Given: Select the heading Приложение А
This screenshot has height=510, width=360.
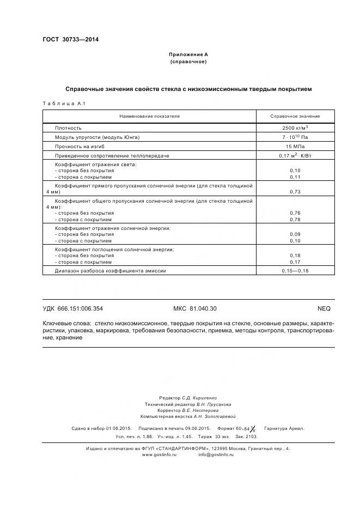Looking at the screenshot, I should click(x=188, y=54).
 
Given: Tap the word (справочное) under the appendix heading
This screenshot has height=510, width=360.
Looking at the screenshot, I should click(x=188, y=62).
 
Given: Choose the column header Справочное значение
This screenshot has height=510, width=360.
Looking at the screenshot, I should click(x=295, y=116).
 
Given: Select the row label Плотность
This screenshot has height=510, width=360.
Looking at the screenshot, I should click(x=68, y=127).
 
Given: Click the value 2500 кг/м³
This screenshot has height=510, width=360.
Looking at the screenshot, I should click(x=295, y=127).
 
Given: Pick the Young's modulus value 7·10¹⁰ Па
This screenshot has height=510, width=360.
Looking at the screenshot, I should click(x=295, y=137).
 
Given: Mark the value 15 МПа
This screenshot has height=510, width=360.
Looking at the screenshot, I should click(x=295, y=147).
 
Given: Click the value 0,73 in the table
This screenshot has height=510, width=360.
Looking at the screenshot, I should click(x=295, y=192).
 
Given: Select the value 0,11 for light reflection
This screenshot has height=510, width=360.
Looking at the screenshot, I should click(x=295, y=177).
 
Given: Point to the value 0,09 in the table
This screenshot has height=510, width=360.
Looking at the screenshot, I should click(x=295, y=234).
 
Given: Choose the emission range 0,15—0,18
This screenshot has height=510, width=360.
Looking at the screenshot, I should click(x=295, y=270).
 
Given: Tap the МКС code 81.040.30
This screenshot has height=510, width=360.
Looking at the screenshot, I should click(x=194, y=308).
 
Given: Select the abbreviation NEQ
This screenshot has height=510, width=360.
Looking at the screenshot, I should click(x=324, y=308).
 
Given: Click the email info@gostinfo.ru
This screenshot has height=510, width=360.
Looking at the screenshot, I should click(x=216, y=454).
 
